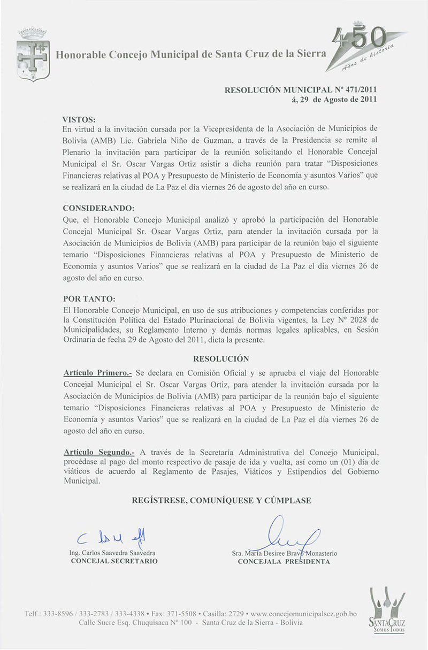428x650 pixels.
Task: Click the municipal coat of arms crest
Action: (33, 54)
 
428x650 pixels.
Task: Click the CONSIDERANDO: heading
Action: (98, 208)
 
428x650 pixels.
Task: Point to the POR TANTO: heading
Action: (89, 297)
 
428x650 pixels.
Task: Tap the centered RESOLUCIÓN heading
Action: (221, 358)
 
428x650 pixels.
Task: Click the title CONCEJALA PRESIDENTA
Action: (284, 561)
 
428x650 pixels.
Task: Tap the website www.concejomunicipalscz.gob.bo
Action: (304, 614)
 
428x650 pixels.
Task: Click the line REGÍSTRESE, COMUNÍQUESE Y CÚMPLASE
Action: (221, 500)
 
